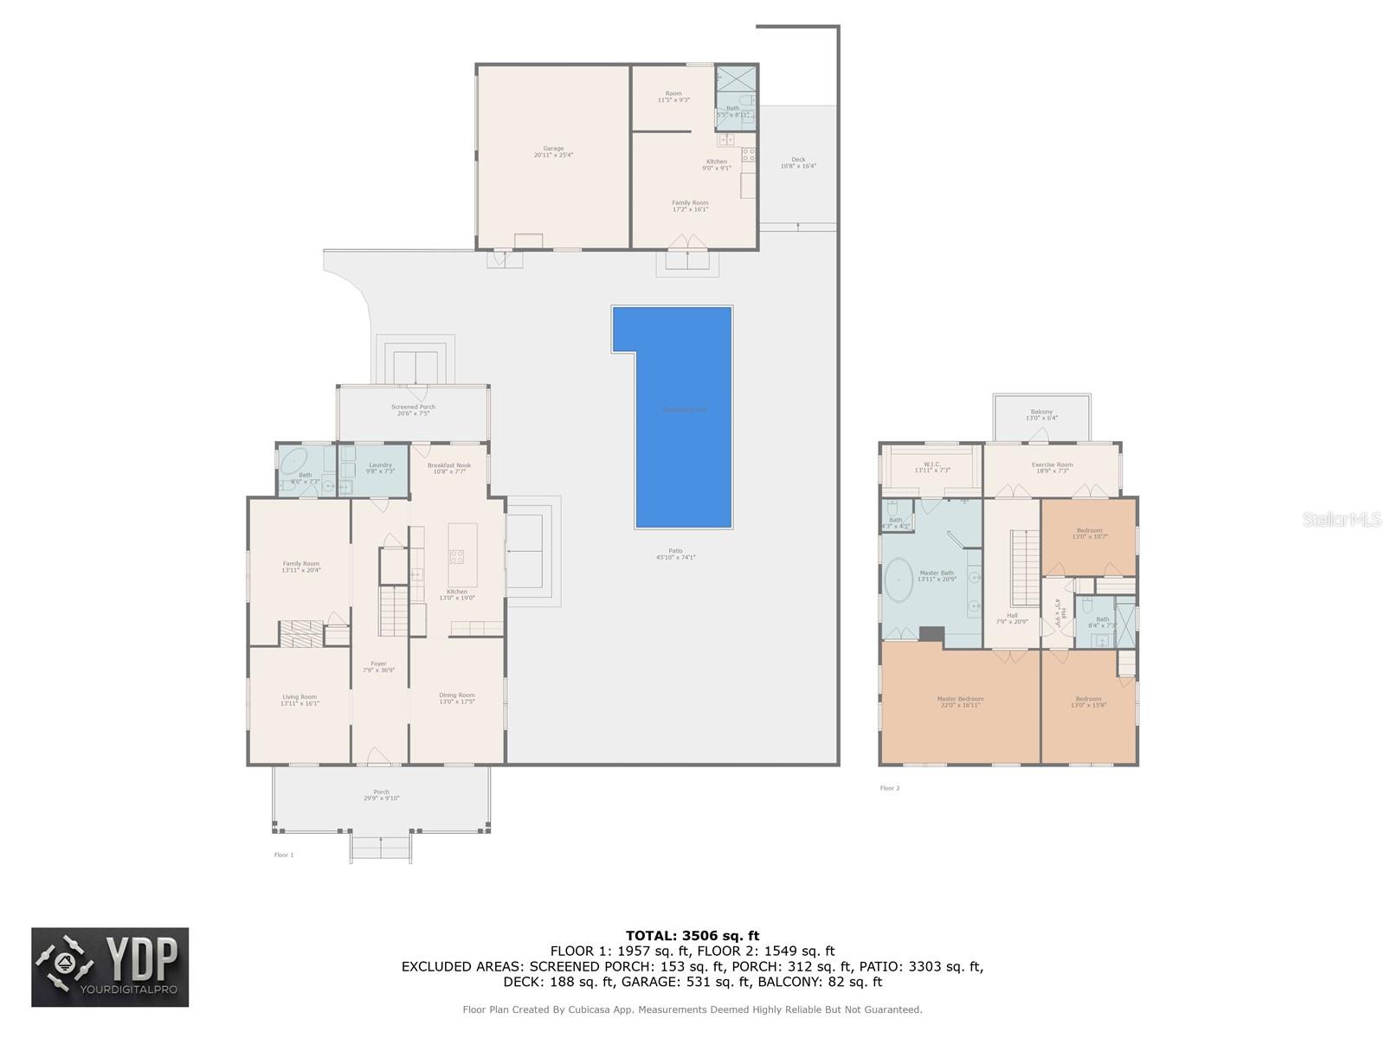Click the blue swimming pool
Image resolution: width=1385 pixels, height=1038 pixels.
pyautogui.click(x=684, y=432)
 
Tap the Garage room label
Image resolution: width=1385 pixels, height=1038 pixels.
pyautogui.click(x=553, y=151)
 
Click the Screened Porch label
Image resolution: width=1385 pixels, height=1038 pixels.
pyautogui.click(x=413, y=410)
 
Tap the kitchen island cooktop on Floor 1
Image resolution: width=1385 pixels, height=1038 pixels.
pyautogui.click(x=456, y=557)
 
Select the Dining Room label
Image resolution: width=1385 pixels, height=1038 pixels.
pyautogui.click(x=456, y=698)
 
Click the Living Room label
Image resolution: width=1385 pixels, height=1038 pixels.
pyautogui.click(x=300, y=700)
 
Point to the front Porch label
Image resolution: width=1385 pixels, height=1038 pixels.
pyautogui.click(x=381, y=795)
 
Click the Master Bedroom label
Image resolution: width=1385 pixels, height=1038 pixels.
pyautogui.click(x=960, y=702)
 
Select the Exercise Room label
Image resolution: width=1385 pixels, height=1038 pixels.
pyautogui.click(x=1052, y=467)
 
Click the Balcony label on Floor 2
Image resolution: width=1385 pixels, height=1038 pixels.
pyautogui.click(x=1041, y=414)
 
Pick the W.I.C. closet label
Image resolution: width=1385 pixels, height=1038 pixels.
pyautogui.click(x=932, y=467)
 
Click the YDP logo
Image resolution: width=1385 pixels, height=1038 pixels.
pyautogui.click(x=110, y=967)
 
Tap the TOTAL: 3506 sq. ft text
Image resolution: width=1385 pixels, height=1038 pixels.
pyautogui.click(x=692, y=935)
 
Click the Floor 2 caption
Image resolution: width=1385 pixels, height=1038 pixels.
pyautogui.click(x=890, y=788)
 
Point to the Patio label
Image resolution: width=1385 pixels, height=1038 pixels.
pyautogui.click(x=675, y=554)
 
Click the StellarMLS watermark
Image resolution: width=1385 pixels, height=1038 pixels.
pyautogui.click(x=1342, y=519)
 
